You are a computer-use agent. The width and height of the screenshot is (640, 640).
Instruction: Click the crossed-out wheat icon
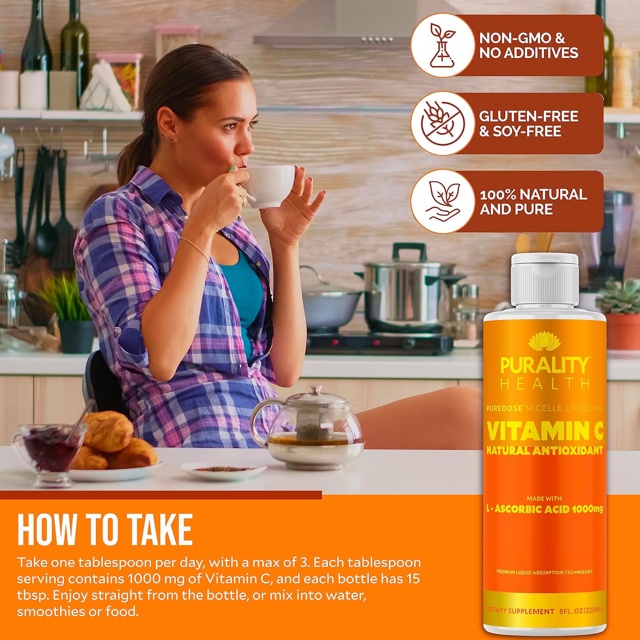pyautogui.click(x=442, y=123)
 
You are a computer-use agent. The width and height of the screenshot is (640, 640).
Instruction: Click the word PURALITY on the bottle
pyautogui.click(x=544, y=366)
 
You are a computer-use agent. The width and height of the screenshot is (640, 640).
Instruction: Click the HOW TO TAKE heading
pyautogui.click(x=105, y=529)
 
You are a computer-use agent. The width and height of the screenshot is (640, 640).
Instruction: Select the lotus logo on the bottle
pyautogui.click(x=544, y=342)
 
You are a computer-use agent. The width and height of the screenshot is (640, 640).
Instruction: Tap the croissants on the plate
pyautogui.click(x=113, y=444)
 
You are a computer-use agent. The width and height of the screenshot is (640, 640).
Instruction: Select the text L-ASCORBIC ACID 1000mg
pyautogui.click(x=544, y=509)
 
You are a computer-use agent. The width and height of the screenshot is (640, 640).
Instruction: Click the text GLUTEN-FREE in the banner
pyautogui.click(x=528, y=116)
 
